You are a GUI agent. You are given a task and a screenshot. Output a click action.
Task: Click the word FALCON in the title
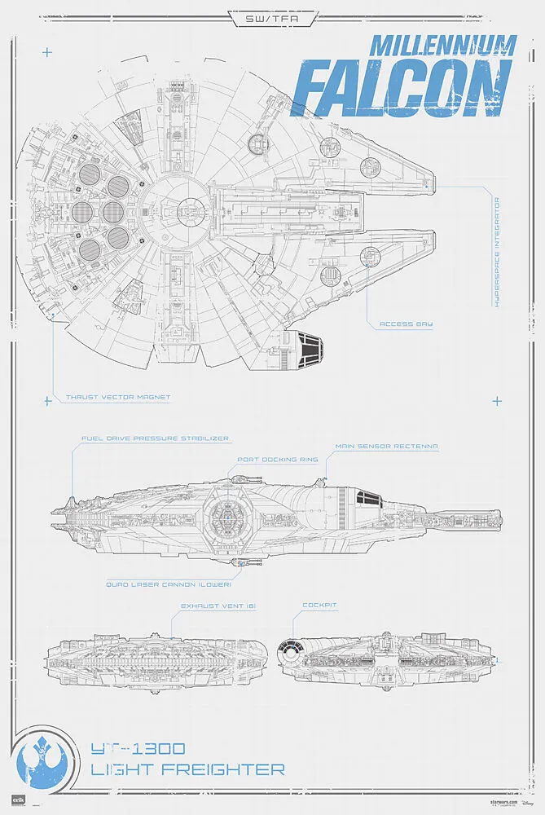pyautogui.click(x=402, y=88)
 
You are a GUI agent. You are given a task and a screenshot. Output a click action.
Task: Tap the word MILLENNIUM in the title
pyautogui.click(x=443, y=45)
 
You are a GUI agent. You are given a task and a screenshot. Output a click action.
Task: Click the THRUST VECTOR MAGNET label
pyautogui.click(x=118, y=398)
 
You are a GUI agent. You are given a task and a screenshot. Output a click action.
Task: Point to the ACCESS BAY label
pyautogui.click(x=407, y=324)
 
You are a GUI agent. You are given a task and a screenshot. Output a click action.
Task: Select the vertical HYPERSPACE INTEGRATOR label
pyautogui.click(x=497, y=250)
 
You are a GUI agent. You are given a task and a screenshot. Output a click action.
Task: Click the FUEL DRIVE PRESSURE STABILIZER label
pyautogui.click(x=155, y=438)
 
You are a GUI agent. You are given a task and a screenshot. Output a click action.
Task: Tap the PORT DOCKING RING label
pyautogui.click(x=277, y=459)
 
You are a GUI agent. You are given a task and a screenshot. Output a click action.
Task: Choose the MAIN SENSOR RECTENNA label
pyautogui.click(x=387, y=447)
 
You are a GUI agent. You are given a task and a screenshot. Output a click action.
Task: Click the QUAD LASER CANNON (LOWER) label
pyautogui.click(x=169, y=584)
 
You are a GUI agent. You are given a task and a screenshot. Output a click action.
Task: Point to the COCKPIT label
pyautogui.click(x=319, y=606)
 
